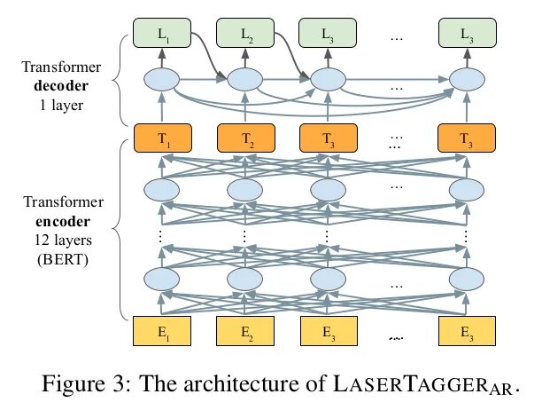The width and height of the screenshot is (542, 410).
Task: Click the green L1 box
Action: (162, 35)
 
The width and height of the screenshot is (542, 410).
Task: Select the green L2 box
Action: (246, 35)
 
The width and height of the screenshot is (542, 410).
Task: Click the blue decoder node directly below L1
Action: (162, 80)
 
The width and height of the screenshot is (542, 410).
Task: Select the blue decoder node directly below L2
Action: (246, 80)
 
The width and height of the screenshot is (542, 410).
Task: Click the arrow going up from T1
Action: (162, 109)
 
